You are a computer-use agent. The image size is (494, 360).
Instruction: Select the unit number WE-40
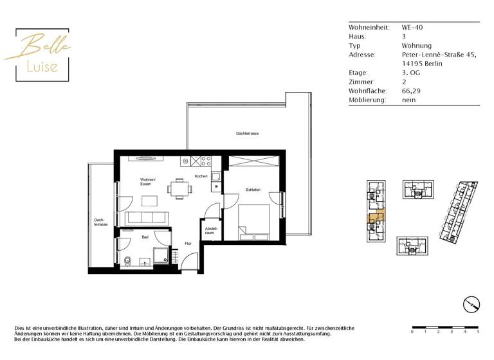click(x=412, y=28)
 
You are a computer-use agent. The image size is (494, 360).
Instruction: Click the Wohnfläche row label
click(x=367, y=91)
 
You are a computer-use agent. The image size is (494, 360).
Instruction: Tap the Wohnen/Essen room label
click(x=148, y=182)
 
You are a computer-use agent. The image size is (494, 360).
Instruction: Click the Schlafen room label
click(x=252, y=190)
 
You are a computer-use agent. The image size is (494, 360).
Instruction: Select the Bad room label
click(x=145, y=237)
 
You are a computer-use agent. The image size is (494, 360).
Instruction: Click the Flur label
click(x=188, y=244)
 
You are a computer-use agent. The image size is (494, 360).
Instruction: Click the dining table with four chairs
click(x=179, y=188)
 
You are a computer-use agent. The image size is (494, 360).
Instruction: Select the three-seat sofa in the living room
click(x=147, y=217)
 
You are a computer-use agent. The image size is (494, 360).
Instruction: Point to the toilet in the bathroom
click(x=129, y=261)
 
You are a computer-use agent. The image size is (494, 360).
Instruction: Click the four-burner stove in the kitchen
click(x=206, y=161)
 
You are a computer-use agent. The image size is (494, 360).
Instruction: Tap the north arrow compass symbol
click(x=471, y=303)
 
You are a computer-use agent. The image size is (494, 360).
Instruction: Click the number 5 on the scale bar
click(x=478, y=332)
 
